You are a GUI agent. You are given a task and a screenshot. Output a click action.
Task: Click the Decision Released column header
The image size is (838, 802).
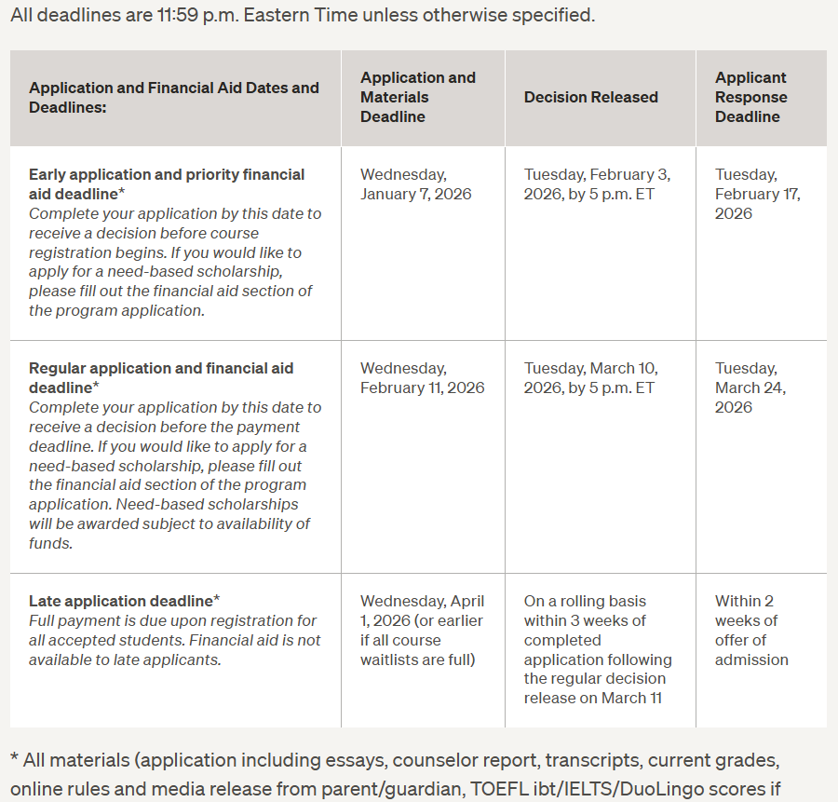[x=590, y=98]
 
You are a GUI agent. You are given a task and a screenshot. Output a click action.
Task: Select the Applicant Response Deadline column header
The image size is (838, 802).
[x=750, y=97]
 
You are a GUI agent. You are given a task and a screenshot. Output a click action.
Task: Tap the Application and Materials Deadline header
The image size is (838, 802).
[x=417, y=97]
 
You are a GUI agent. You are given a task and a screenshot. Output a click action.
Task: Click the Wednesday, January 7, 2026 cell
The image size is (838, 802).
[x=415, y=184]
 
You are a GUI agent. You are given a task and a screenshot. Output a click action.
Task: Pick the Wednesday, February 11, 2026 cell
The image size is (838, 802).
[x=422, y=378]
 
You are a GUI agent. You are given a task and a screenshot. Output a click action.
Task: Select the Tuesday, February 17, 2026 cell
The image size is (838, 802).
[x=757, y=194]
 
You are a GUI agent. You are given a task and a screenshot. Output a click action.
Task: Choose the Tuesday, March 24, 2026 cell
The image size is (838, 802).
[x=750, y=387]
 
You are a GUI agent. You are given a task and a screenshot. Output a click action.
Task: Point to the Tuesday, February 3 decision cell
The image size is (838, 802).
[x=597, y=184]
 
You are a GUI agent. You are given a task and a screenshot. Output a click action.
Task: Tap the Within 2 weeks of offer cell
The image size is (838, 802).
[x=750, y=631]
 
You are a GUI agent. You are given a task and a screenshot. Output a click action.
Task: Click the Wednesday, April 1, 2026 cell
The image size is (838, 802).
[x=422, y=631]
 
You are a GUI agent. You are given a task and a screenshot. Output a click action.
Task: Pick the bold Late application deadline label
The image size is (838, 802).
[x=121, y=602]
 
